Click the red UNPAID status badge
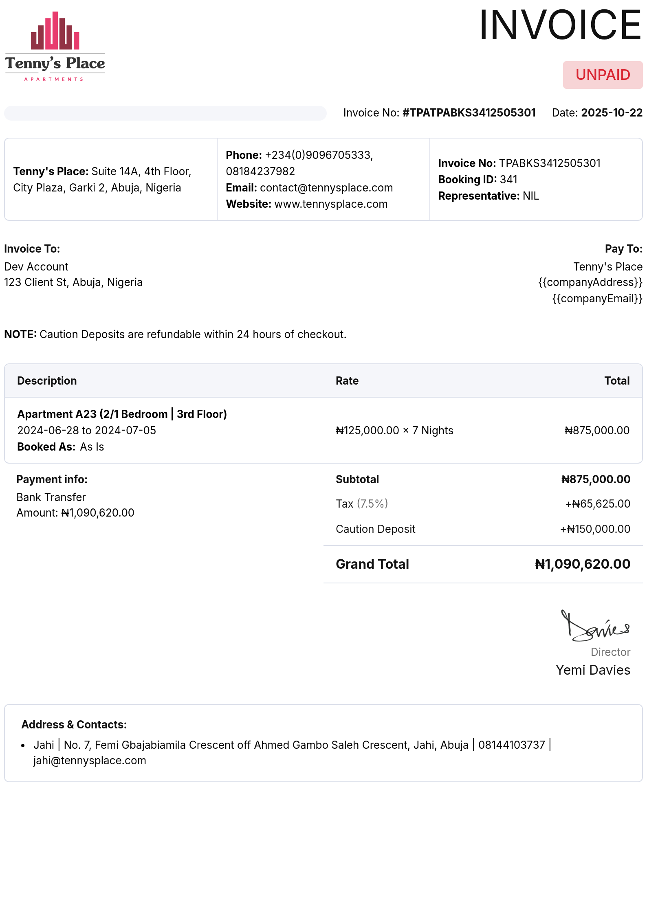point(603,75)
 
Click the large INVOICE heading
point(560,25)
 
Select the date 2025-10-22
point(612,113)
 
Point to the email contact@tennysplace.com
point(326,188)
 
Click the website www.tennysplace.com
point(331,204)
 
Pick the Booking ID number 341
point(508,180)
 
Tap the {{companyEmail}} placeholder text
point(597,299)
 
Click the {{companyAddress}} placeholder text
point(590,282)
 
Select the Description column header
point(47,381)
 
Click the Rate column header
point(347,381)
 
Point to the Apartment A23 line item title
point(122,414)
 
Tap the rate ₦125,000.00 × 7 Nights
point(394,431)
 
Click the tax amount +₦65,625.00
point(597,504)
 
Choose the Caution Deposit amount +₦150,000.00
point(595,529)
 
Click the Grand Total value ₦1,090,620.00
point(582,564)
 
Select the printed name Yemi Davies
point(593,670)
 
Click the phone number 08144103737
point(511,745)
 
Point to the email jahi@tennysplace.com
point(90,761)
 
